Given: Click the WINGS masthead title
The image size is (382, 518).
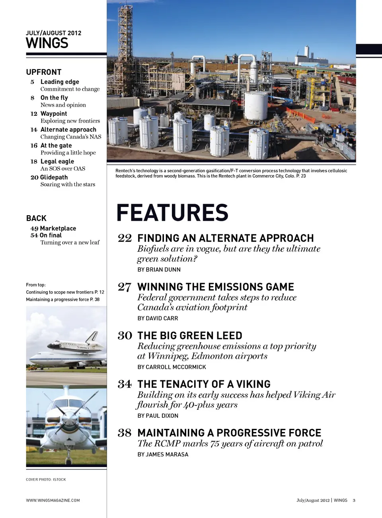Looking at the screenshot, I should click(47, 43).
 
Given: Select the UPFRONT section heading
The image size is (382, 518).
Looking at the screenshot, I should click(44, 72).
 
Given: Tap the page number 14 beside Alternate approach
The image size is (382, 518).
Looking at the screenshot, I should click(34, 130).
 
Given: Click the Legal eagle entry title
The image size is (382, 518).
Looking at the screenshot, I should click(57, 162).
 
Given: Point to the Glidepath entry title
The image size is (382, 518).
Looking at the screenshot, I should click(54, 177).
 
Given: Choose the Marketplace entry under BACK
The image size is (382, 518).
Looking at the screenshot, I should click(58, 228).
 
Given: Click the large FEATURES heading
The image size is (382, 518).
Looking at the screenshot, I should click(172, 212).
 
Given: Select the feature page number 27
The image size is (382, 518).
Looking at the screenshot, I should click(125, 287).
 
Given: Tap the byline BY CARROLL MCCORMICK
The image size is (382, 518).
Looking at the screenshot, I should click(172, 367).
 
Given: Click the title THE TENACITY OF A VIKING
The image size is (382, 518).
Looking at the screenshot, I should click(204, 384).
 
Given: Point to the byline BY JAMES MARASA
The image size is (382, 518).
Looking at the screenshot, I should click(163, 454).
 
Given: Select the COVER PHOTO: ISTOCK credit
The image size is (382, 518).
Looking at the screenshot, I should click(46, 479).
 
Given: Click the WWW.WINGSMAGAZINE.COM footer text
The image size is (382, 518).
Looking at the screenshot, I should click(53, 500).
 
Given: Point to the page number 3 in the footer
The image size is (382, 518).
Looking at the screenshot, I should click(354, 500).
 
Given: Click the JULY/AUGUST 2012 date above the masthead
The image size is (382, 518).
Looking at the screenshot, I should click(53, 33).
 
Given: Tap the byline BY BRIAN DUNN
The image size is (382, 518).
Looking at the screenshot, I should click(159, 270).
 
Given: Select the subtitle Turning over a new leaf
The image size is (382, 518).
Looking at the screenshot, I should click(70, 242).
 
